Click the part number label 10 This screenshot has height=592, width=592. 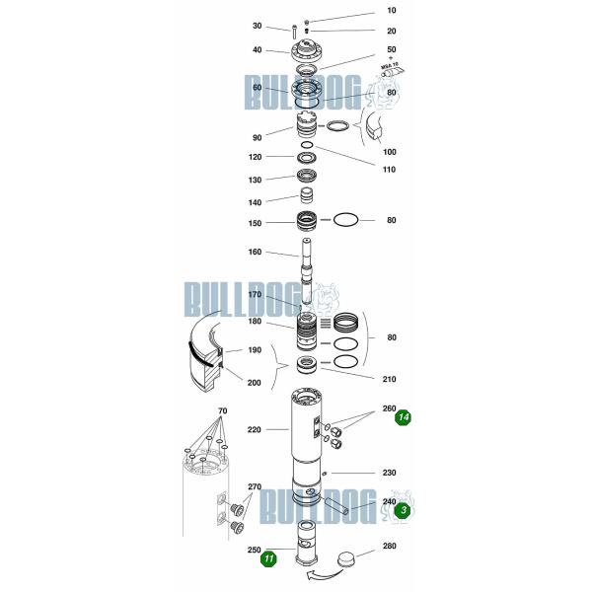coord(391,11)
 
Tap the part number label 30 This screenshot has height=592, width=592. coord(257,27)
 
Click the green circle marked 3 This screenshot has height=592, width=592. coord(403,510)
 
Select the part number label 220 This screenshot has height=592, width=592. coord(255,430)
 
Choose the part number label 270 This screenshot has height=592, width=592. coord(255,487)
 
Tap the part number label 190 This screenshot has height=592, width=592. coord(255,350)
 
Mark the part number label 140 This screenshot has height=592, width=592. coord(255,201)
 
